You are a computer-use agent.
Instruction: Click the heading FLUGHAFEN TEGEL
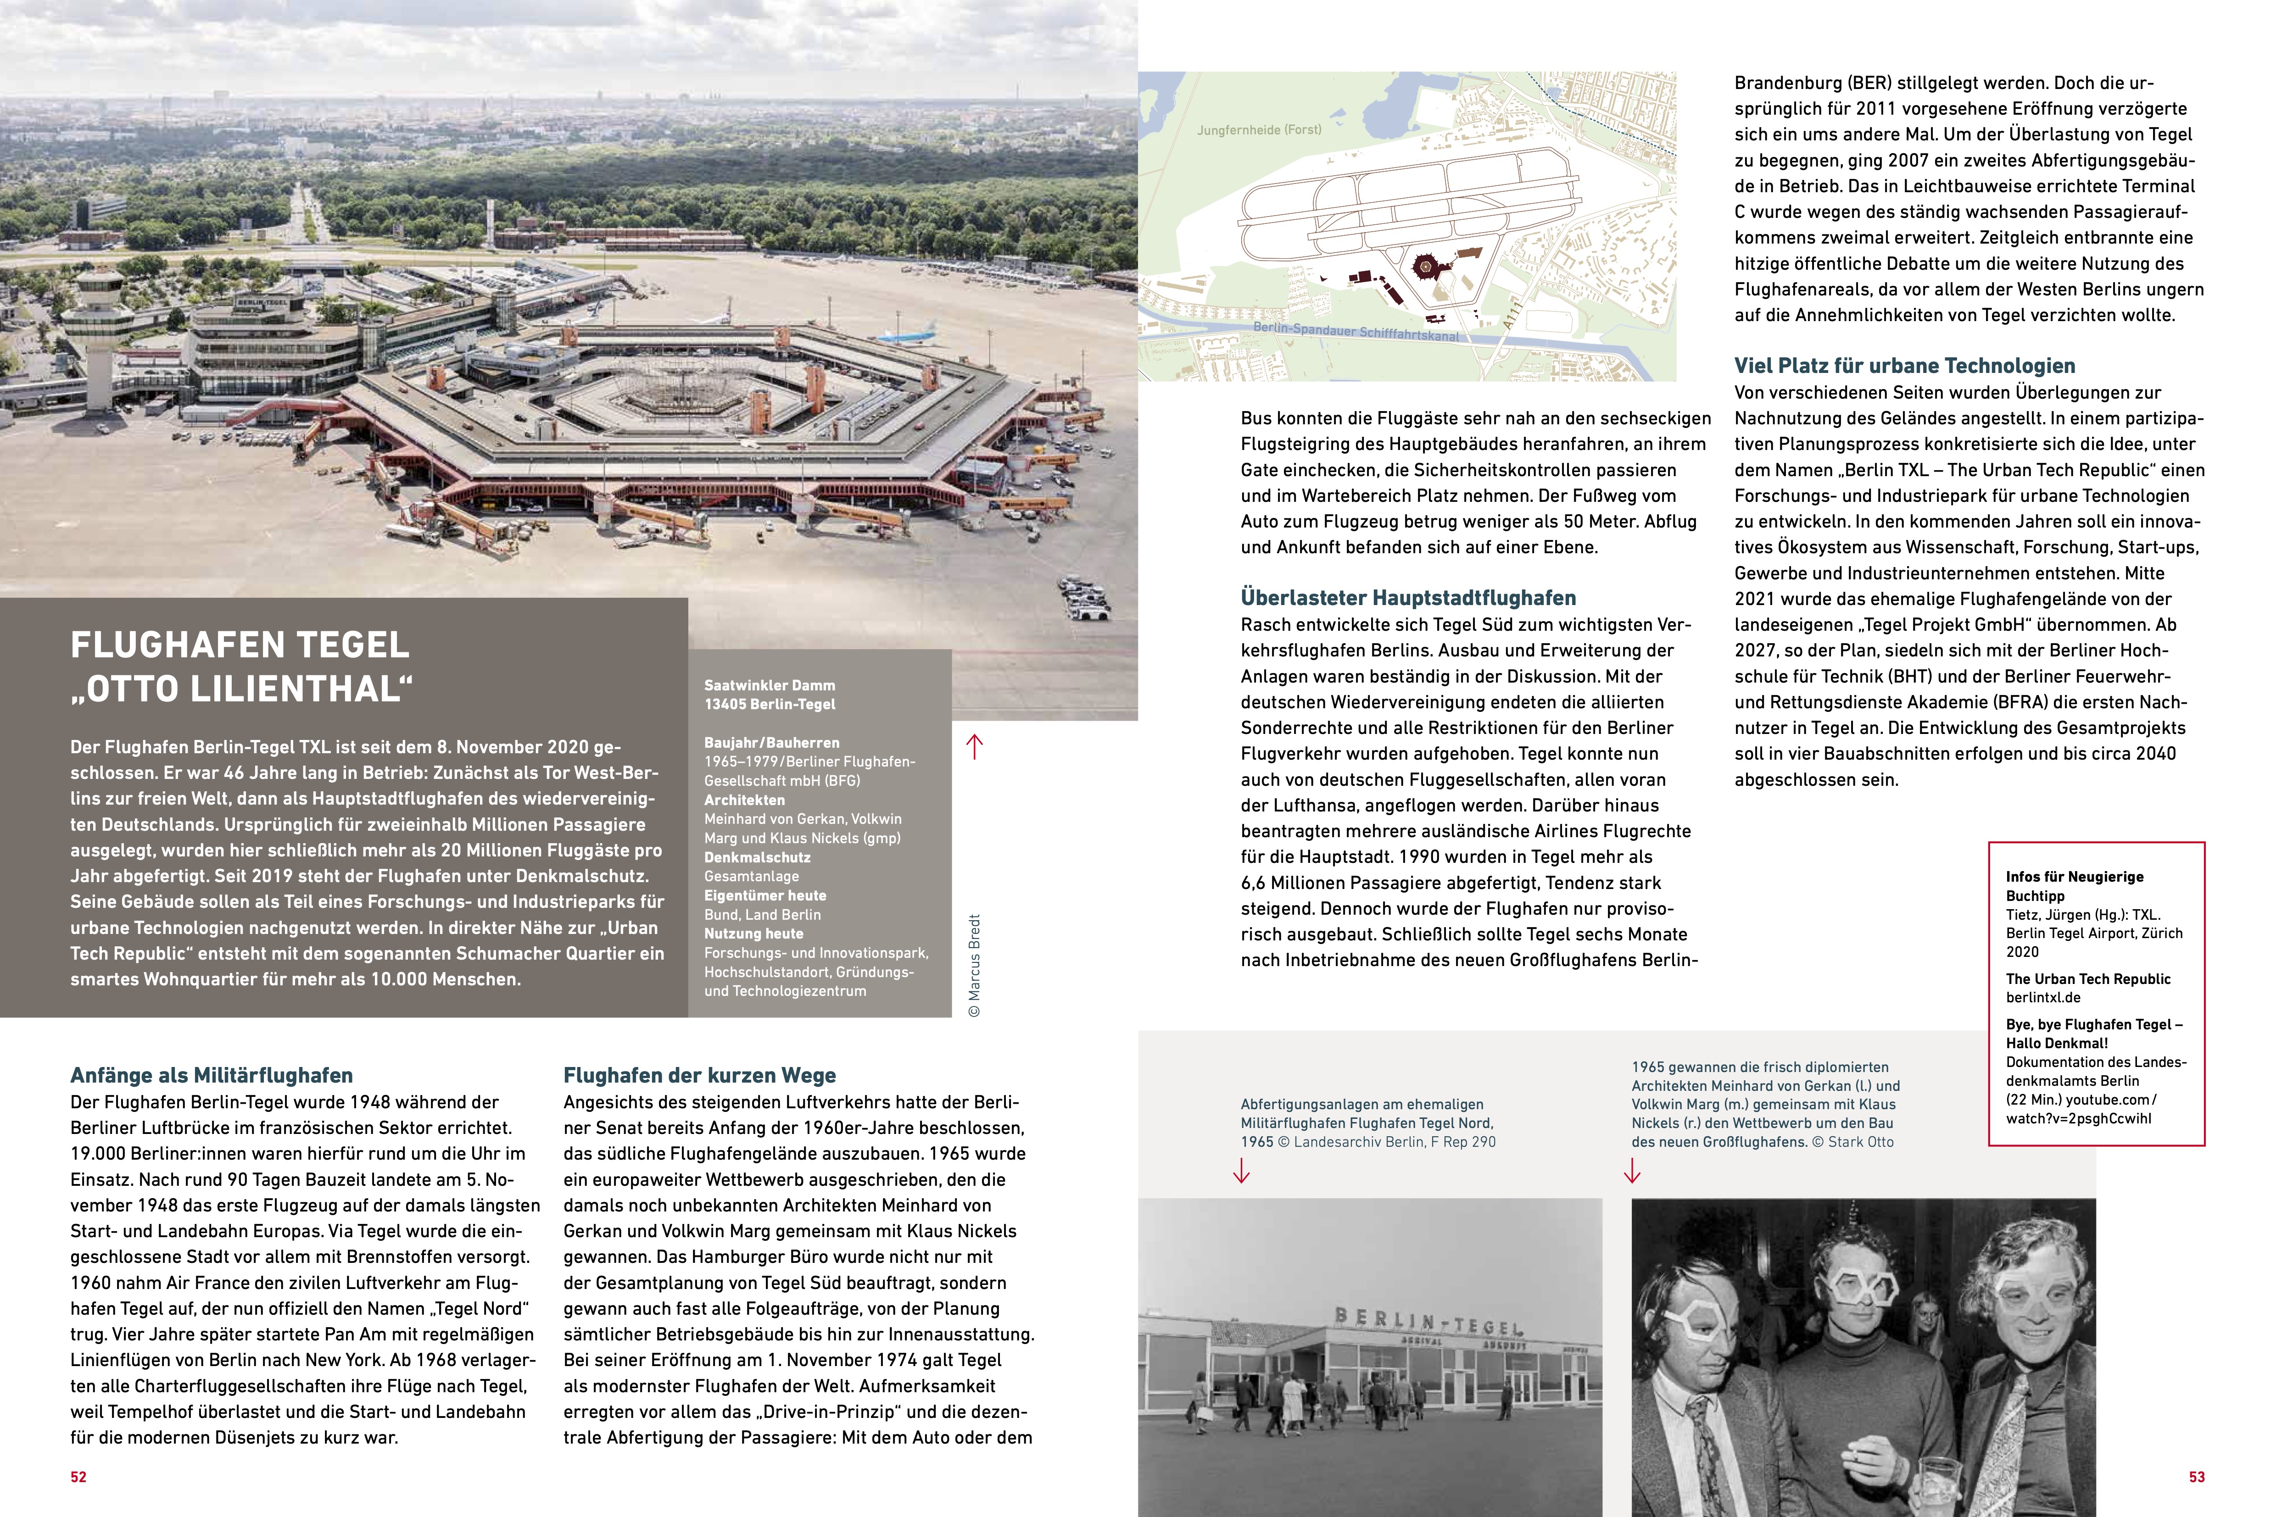pyautogui.click(x=240, y=645)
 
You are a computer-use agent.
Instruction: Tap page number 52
pyautogui.click(x=78, y=1476)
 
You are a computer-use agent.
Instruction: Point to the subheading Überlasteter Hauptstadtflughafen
pyautogui.click(x=1408, y=598)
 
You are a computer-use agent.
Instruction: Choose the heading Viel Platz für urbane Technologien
pyautogui.click(x=1903, y=366)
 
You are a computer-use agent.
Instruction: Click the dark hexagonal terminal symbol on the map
pyautogui.click(x=1425, y=265)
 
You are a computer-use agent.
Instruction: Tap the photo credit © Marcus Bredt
pyautogui.click(x=975, y=965)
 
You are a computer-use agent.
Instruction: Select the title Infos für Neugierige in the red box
pyautogui.click(x=2074, y=877)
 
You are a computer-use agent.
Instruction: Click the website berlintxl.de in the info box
pyautogui.click(x=2043, y=997)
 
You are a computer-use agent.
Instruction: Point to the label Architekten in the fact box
pyautogui.click(x=744, y=800)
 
